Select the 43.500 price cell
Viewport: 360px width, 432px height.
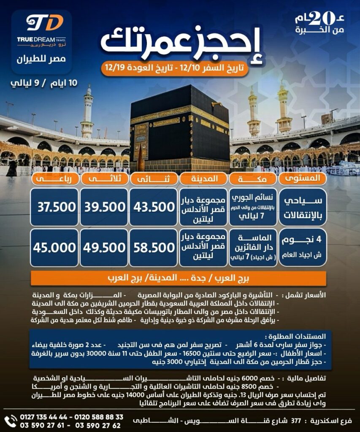click(154, 207)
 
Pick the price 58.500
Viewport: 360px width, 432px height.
click(154, 248)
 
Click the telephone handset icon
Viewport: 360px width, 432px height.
click(10, 421)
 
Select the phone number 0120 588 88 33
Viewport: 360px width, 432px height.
click(101, 417)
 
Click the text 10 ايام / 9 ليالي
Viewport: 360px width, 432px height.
click(44, 83)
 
